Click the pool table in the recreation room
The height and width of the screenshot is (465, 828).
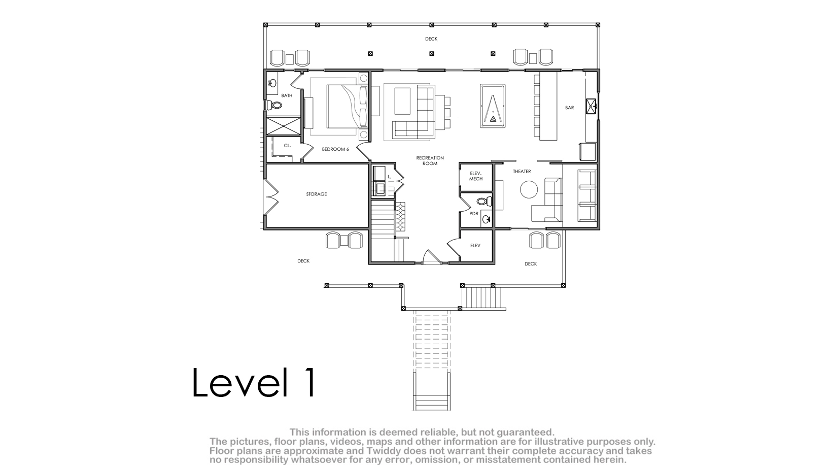[493, 106]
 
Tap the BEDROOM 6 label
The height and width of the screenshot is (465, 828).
[335, 149]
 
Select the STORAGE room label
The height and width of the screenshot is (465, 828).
[317, 194]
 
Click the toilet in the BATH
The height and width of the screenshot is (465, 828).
[274, 105]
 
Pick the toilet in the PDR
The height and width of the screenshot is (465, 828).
[484, 202]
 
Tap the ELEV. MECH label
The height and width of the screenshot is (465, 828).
[476, 176]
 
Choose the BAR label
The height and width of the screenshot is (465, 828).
[569, 108]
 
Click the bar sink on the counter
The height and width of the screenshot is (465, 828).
[591, 106]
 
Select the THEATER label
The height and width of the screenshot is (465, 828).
[522, 171]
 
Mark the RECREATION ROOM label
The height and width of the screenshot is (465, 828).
[430, 160]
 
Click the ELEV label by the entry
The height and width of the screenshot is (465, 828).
[475, 245]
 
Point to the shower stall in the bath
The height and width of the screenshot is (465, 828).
[284, 125]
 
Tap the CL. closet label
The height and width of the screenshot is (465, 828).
[287, 145]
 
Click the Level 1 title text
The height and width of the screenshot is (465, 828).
[254, 382]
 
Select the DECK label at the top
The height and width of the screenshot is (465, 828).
[431, 39]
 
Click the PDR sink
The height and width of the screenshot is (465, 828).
[486, 219]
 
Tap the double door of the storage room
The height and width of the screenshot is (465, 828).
[271, 197]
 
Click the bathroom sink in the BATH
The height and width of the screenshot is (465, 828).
[272, 83]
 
